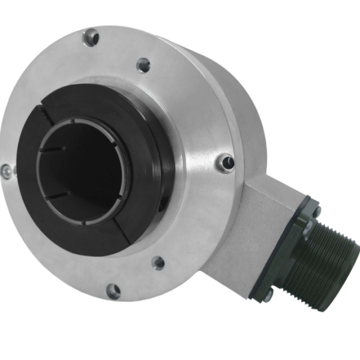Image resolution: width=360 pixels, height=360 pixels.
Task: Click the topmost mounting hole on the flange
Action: (x=91, y=38)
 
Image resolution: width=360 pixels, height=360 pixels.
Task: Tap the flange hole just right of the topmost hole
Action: (x=143, y=64)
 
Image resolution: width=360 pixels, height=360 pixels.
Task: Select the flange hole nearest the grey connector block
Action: (x=225, y=161)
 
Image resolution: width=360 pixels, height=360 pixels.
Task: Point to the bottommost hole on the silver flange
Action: (x=112, y=291)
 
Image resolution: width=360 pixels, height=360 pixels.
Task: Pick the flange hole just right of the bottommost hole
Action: (x=158, y=262)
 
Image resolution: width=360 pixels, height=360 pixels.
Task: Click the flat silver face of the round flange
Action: (x=192, y=198)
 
